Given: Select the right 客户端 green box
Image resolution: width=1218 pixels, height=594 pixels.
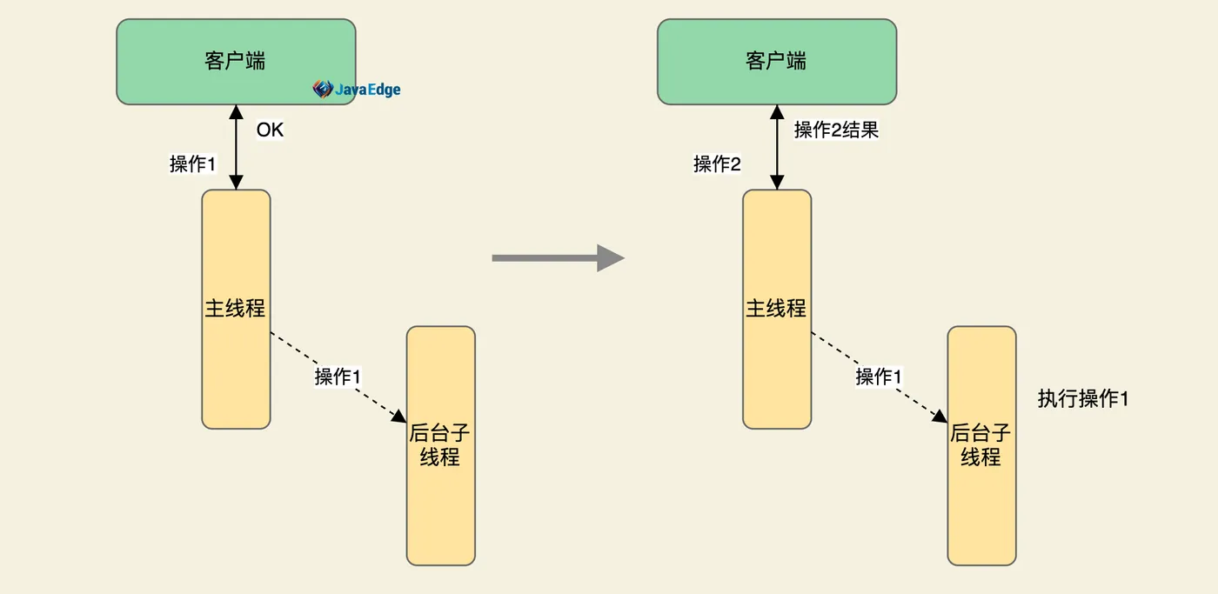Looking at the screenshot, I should [x=776, y=61].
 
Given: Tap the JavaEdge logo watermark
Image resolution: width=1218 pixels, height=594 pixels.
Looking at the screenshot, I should [x=357, y=89].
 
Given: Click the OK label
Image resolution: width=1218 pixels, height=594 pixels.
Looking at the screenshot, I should [x=270, y=130].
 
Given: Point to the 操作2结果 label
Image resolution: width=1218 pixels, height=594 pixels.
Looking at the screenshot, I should [x=836, y=130].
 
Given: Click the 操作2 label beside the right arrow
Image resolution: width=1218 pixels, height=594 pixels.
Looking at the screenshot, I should [x=717, y=164].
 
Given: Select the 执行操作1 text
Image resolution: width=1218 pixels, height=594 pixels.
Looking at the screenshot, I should [x=1082, y=399].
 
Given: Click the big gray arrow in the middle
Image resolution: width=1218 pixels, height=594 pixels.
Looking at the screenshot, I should [x=558, y=257].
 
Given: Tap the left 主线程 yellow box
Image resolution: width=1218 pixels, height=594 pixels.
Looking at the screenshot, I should [x=236, y=309].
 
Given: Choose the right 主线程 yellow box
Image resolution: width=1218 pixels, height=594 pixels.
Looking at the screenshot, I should [x=776, y=309].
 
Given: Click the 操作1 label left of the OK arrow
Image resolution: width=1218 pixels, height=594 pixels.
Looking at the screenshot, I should [x=192, y=164].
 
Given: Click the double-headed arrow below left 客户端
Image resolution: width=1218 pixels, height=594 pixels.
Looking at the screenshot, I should [x=236, y=148].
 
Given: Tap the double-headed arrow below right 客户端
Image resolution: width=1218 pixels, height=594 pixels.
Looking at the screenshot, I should [x=777, y=148].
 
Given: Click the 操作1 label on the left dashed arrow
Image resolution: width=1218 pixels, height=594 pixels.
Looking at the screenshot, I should [x=338, y=377].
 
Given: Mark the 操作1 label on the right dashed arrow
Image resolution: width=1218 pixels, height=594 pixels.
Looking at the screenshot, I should [x=879, y=377].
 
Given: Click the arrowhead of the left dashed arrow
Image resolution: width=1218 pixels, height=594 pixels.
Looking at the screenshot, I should [x=399, y=417].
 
